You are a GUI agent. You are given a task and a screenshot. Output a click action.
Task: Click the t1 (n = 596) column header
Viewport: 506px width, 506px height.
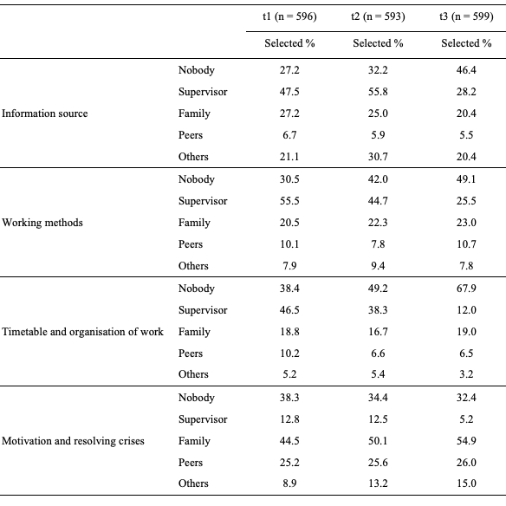pyautogui.click(x=289, y=16)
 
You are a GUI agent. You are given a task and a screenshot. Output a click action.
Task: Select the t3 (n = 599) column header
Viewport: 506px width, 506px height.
pyautogui.click(x=466, y=16)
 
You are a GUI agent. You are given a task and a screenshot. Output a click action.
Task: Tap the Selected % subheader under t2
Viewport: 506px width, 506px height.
pyautogui.click(x=378, y=43)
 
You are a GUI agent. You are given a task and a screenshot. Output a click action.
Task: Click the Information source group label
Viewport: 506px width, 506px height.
pyautogui.click(x=44, y=114)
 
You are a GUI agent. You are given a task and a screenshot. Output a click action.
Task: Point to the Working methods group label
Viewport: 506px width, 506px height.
pyautogui.click(x=42, y=223)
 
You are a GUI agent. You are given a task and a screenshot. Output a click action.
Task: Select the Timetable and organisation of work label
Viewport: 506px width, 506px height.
pyautogui.click(x=82, y=332)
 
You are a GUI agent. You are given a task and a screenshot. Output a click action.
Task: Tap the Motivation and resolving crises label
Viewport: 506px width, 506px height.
pyautogui.click(x=73, y=440)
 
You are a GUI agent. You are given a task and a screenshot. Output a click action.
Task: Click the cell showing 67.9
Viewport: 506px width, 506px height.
pyautogui.click(x=466, y=288)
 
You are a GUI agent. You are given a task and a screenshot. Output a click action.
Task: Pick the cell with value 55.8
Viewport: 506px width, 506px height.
pyautogui.click(x=378, y=92)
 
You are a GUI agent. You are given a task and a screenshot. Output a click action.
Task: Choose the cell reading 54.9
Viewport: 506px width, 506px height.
pyautogui.click(x=466, y=440)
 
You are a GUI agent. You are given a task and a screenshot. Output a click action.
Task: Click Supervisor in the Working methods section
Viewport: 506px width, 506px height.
pyautogui.click(x=203, y=201)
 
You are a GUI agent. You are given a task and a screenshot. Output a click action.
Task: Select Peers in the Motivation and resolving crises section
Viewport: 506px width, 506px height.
pyautogui.click(x=191, y=462)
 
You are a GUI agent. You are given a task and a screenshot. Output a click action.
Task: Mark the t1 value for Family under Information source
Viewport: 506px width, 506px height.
pyautogui.click(x=289, y=114)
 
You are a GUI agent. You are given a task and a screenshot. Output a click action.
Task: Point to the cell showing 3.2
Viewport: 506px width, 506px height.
pyautogui.click(x=466, y=374)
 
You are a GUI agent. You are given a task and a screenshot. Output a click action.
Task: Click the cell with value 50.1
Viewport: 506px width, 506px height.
pyautogui.click(x=378, y=440)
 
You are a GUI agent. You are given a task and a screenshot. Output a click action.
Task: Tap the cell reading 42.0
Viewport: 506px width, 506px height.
pyautogui.click(x=378, y=179)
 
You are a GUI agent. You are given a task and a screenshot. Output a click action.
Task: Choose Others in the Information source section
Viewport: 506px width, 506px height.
pyautogui.click(x=193, y=157)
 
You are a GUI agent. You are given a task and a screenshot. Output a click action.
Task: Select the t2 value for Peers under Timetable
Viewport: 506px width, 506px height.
pyautogui.click(x=378, y=353)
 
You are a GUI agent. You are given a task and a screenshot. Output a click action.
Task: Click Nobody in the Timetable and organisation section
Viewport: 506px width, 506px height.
pyautogui.click(x=196, y=289)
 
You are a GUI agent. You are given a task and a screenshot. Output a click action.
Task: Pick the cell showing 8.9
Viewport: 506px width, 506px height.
pyautogui.click(x=289, y=483)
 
